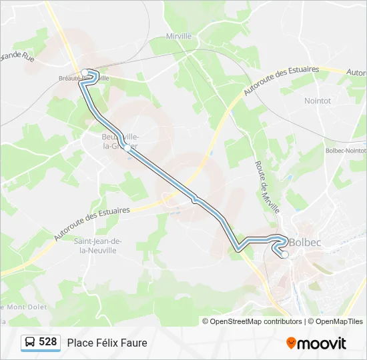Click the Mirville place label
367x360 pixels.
coord(179,36)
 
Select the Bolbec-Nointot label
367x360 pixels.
coord(345,151)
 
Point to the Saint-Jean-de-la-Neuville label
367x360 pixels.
coord(97,245)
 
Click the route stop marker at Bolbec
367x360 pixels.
coord(285,254)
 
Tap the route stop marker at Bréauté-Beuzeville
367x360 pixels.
coord(85,73)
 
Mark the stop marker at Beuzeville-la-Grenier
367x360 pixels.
coord(127,148)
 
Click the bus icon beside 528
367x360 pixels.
coord(30,343)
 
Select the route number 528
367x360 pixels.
coord(48,342)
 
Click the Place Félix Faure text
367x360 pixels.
coord(107,343)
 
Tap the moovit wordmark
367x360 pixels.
coord(322,343)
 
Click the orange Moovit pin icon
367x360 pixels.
coord(291,343)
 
